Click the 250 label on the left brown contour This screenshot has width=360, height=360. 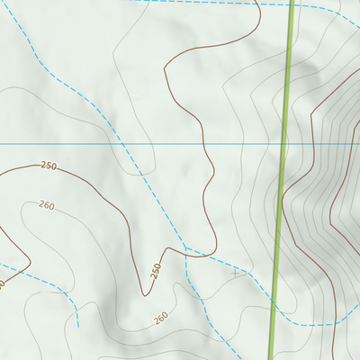[x=49, y=166]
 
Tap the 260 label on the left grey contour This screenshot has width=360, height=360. [x=46, y=206]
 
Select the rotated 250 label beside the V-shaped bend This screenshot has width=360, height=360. [x=155, y=270]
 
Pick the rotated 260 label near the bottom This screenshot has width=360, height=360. [x=160, y=318]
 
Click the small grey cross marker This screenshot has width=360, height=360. [x=236, y=272]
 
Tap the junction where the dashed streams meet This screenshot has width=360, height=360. [x=185, y=247]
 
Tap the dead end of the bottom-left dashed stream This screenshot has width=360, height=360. [x=78, y=325]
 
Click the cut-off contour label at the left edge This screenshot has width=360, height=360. [x=3, y=284]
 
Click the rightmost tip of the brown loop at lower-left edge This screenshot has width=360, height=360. [x=31, y=262]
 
